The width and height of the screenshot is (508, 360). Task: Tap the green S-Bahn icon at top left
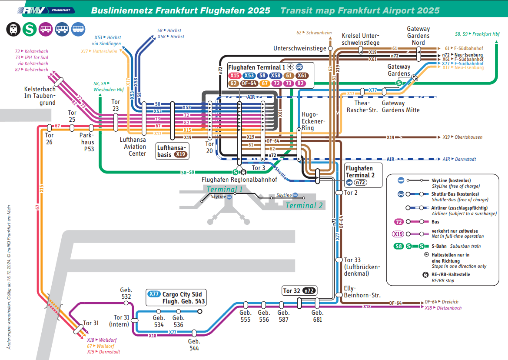(x=30, y=30)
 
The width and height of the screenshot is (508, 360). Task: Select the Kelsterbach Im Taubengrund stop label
(x=40, y=96)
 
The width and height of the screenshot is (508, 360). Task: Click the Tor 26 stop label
(x=50, y=139)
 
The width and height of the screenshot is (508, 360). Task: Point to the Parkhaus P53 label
(x=86, y=142)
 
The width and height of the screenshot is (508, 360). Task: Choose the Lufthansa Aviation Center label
(x=133, y=147)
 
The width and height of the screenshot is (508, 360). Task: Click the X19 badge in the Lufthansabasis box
(x=181, y=154)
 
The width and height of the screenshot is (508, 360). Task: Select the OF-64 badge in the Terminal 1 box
(x=249, y=83)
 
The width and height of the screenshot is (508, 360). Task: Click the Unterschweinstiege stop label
(x=299, y=48)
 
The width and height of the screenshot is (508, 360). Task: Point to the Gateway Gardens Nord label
(x=418, y=36)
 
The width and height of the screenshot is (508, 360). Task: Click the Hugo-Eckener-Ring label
(x=313, y=121)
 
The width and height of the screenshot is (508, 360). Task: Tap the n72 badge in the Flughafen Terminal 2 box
(x=361, y=183)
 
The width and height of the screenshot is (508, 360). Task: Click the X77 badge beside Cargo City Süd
(x=154, y=294)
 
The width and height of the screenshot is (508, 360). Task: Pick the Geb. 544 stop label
(x=194, y=344)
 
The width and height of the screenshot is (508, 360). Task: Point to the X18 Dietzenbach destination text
(x=443, y=308)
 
